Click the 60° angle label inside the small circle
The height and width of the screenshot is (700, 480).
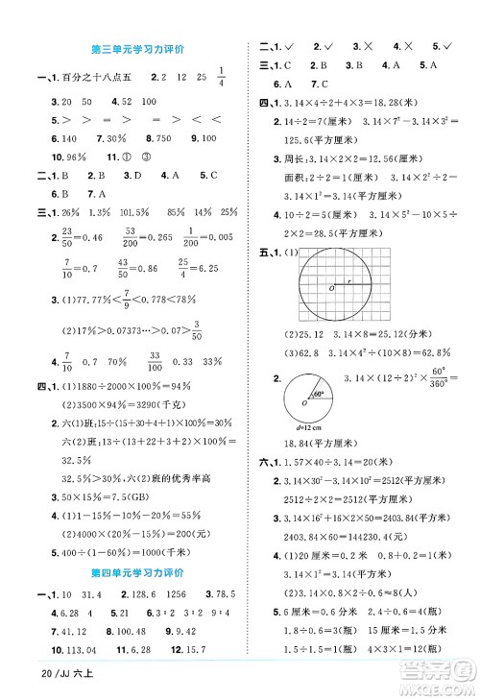(321, 394)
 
